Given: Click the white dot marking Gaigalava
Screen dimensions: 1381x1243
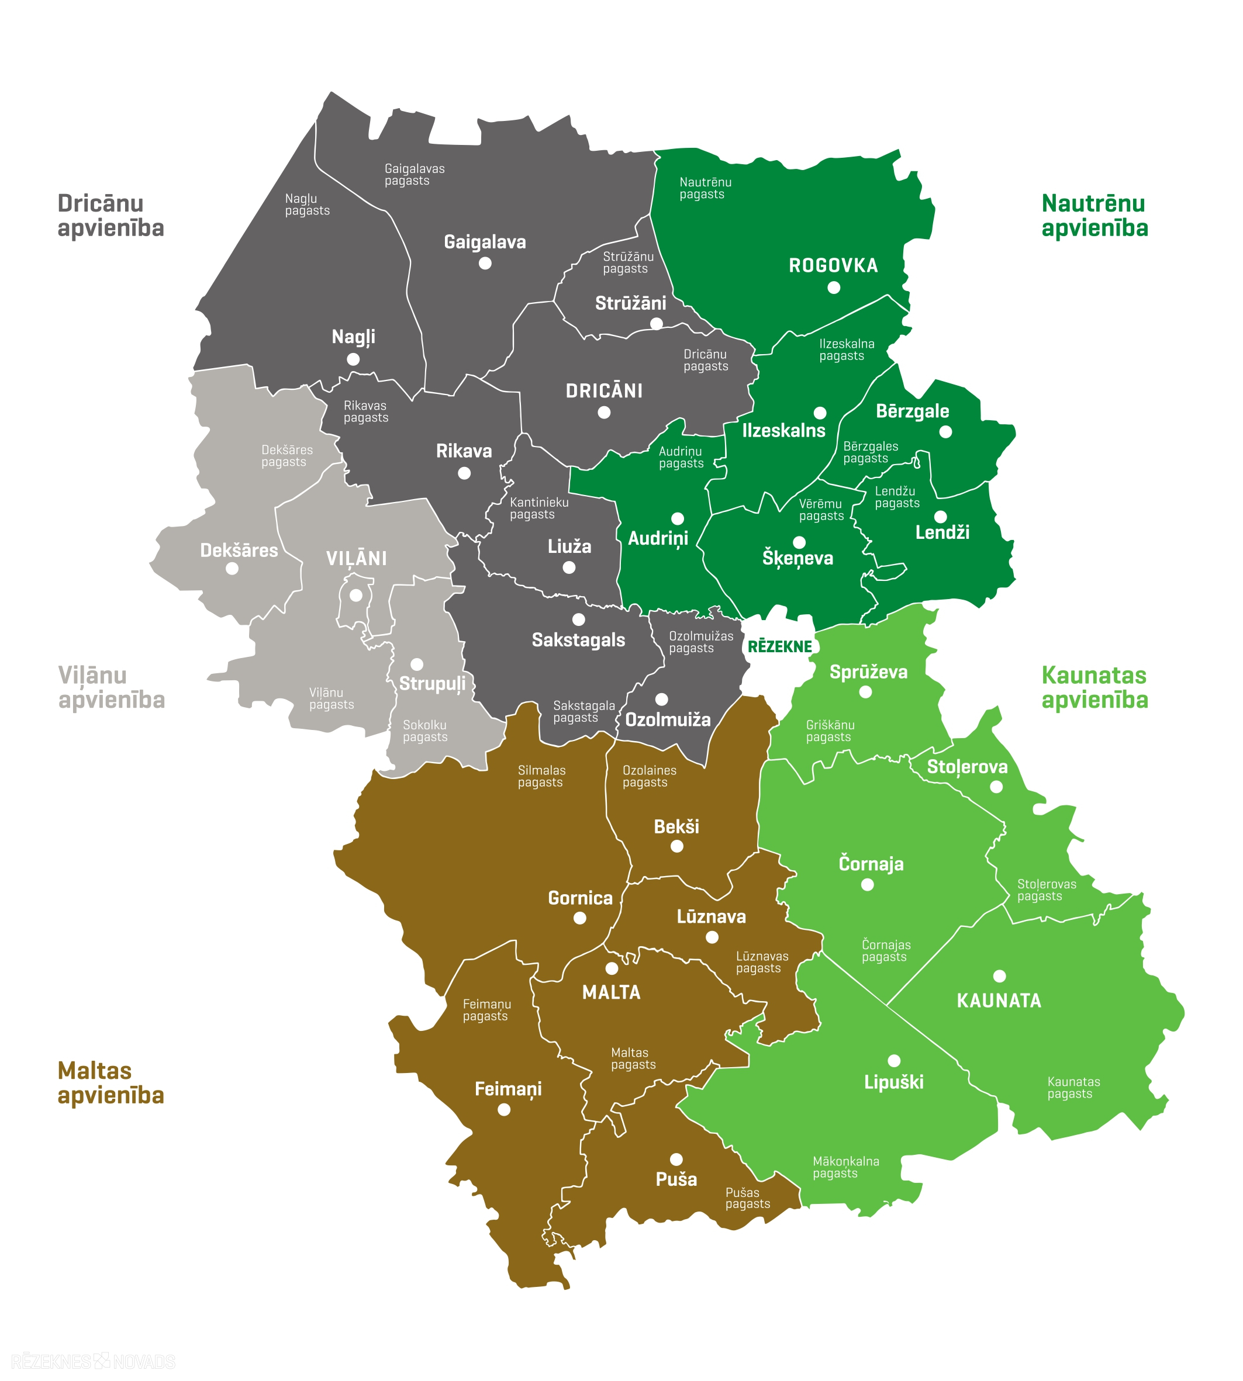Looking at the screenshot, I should click(485, 264).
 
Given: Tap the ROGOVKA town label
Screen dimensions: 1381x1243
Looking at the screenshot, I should click(833, 265).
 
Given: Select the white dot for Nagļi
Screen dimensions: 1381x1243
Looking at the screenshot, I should click(353, 359).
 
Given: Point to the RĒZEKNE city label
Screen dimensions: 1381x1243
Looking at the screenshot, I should click(780, 646).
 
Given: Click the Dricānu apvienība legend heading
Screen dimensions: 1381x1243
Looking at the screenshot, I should click(111, 216).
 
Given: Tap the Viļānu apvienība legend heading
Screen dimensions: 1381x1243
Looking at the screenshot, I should click(111, 687).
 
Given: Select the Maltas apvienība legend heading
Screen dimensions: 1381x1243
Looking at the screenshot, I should click(111, 1083).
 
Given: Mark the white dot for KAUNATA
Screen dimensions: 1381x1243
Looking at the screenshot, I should click(999, 976).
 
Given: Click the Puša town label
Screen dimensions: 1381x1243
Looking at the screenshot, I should click(676, 1179).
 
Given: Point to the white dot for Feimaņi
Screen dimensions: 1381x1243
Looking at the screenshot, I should click(504, 1110).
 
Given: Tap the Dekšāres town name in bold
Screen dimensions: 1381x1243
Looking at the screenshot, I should click(239, 550).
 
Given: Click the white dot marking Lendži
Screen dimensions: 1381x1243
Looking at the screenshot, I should click(941, 517).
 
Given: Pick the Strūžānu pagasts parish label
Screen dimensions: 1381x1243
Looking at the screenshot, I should click(628, 263).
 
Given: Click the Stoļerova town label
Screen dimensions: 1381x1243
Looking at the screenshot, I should click(967, 767).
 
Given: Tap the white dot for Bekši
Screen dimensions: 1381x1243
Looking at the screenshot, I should click(677, 846).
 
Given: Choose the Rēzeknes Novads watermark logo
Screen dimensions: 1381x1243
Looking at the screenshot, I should click(93, 1361).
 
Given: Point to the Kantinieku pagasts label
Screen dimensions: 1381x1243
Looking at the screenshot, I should click(539, 508).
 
